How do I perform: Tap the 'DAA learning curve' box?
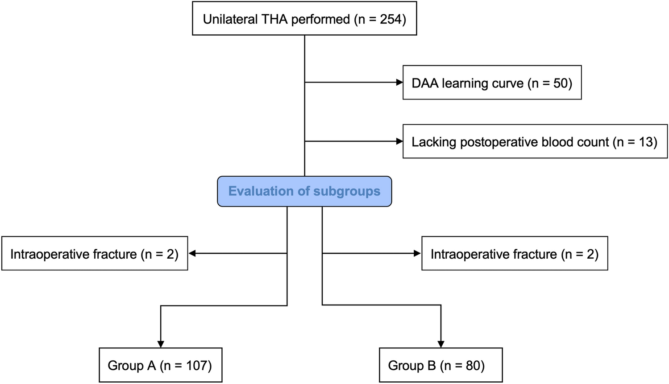tap(492, 83)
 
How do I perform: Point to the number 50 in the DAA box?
tap(560, 83)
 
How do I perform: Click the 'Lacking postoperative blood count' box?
tap(535, 142)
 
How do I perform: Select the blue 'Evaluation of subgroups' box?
tap(304, 191)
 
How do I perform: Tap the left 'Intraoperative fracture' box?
tap(95, 254)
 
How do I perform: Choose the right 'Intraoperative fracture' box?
tap(515, 254)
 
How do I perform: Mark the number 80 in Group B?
tap(473, 366)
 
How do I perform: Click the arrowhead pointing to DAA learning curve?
tap(399, 83)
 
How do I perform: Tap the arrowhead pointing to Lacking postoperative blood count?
tap(399, 141)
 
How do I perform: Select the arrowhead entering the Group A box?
tap(161, 344)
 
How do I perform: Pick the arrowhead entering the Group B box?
tap(441, 344)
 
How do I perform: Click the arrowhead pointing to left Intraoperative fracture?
tap(192, 253)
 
